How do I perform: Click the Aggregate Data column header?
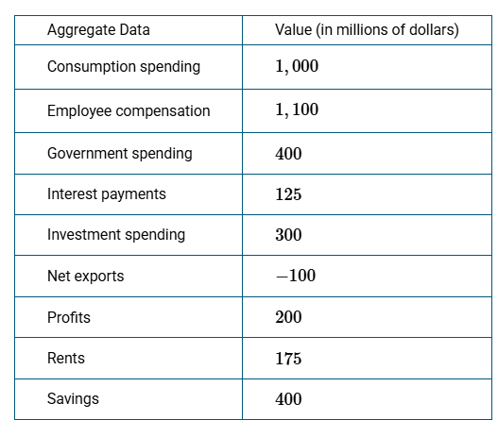(98, 30)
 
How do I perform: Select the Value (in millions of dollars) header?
(367, 30)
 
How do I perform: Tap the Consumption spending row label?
(124, 67)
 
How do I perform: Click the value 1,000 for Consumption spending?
(297, 66)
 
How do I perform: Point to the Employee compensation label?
(129, 111)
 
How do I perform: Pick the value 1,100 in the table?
(297, 109)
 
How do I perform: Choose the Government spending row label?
(120, 154)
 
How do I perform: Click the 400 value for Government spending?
(288, 154)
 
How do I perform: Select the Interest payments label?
(107, 194)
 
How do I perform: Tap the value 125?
(288, 194)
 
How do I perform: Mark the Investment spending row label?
(116, 235)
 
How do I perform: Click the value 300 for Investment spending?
(288, 235)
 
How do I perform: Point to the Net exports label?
(85, 277)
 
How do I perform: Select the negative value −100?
(296, 276)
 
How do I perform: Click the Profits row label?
(69, 317)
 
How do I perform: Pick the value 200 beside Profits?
(288, 317)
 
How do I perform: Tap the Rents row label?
(66, 359)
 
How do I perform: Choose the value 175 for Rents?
(288, 359)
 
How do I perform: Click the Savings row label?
(73, 399)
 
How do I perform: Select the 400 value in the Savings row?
(288, 399)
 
